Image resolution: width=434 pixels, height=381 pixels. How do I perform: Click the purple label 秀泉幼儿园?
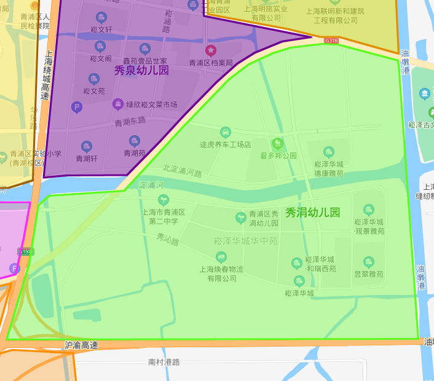(141, 71)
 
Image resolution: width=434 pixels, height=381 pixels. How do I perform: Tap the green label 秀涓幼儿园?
(312, 213)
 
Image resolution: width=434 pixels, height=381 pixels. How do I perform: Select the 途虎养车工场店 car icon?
(226, 132)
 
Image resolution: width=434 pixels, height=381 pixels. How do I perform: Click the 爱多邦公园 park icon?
(278, 143)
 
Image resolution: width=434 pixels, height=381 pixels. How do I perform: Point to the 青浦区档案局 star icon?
(211, 50)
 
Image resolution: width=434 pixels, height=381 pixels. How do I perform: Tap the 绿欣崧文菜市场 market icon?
(117, 104)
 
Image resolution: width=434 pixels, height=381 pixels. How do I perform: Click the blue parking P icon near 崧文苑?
(77, 108)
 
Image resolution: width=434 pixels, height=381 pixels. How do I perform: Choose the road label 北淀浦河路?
(183, 170)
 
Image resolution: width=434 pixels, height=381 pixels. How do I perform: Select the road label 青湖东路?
(130, 122)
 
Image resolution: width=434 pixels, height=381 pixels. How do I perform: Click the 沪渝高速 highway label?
(81, 345)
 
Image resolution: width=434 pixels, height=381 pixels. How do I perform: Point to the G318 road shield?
(331, 41)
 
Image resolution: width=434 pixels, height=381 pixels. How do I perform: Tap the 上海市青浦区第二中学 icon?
(163, 199)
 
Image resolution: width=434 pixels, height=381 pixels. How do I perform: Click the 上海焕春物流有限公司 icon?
(221, 257)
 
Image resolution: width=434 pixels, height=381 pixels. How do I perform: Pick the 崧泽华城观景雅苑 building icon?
(369, 210)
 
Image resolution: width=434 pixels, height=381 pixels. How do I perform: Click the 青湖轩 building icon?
(87, 146)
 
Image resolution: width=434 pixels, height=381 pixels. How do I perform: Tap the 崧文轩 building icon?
(101, 17)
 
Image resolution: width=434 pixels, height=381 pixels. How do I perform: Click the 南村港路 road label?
(164, 363)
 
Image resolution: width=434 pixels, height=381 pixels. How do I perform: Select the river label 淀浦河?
(151, 185)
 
